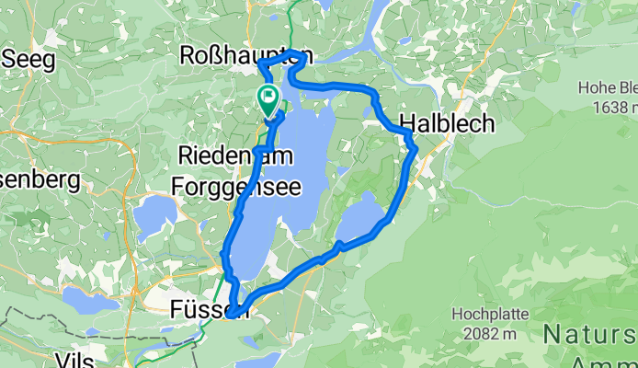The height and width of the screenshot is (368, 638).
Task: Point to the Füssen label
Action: pyautogui.click(x=209, y=312)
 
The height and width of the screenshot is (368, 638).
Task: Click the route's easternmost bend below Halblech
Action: pyautogui.click(x=415, y=147)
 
